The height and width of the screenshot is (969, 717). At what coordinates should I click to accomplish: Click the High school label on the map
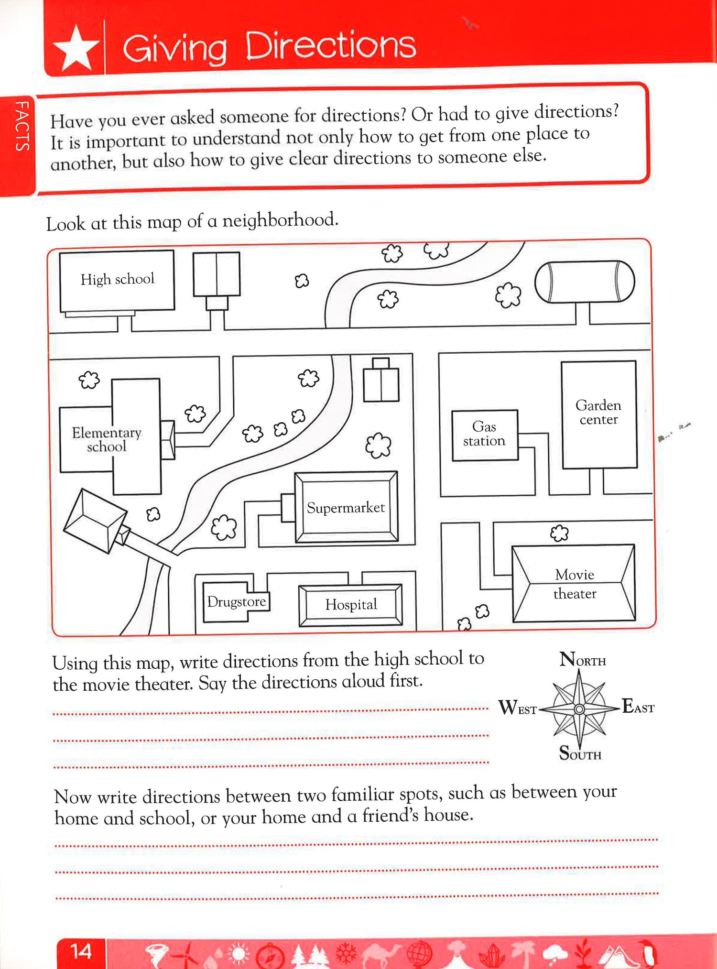pos(118,279)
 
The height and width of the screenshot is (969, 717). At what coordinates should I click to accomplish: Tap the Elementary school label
pos(107,439)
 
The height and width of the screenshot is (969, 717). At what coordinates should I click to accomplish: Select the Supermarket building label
pos(346,508)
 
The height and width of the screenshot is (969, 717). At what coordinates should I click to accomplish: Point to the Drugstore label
pos(236,602)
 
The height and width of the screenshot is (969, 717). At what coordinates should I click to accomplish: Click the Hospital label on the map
pos(351,605)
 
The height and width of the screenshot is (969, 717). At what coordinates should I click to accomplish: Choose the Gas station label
pos(484,434)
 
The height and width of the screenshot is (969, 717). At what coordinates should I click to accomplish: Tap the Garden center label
pos(598,412)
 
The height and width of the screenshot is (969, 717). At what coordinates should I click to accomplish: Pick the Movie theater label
pos(575,584)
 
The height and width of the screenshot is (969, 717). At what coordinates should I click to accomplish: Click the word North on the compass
pos(583,660)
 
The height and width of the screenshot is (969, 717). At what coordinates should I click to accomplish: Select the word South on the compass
pos(580,753)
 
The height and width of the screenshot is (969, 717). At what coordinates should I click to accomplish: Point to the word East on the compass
pos(638,707)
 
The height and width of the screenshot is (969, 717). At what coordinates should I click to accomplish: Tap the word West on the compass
pos(517,708)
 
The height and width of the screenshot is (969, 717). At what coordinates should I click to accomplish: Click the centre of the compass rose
pos(579,709)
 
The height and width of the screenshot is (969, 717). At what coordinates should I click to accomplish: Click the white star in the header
pos(76,48)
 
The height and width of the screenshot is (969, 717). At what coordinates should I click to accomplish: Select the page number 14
pos(81,951)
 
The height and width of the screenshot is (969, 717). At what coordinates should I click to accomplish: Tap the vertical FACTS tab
pos(22,127)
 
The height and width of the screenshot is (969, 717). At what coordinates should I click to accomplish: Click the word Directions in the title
pos(330,46)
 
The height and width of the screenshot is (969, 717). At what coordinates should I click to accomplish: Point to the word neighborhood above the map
pos(280,220)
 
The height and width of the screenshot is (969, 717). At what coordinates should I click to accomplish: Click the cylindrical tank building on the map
pos(584,282)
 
